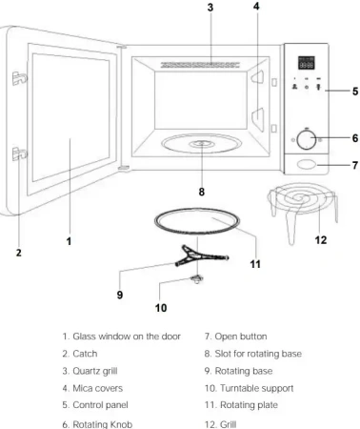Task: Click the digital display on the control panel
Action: click(307, 63)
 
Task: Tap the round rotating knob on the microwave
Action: click(306, 139)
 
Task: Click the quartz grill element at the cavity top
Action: click(200, 65)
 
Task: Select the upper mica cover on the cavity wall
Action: click(258, 76)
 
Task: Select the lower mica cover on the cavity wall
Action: click(258, 119)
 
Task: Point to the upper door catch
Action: click(19, 78)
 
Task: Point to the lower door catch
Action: click(19, 153)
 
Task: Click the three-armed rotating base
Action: click(201, 255)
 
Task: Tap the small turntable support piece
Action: click(197, 279)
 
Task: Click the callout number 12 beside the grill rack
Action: click(321, 240)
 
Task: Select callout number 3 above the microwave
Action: click(210, 8)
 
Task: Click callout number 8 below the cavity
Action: click(202, 192)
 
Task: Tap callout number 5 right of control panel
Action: click(355, 92)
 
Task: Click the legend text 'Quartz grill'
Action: click(95, 371)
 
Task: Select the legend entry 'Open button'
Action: click(241, 337)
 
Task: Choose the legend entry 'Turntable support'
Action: click(256, 388)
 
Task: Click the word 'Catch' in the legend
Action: click(85, 354)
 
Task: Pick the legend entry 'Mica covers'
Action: click(97, 388)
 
